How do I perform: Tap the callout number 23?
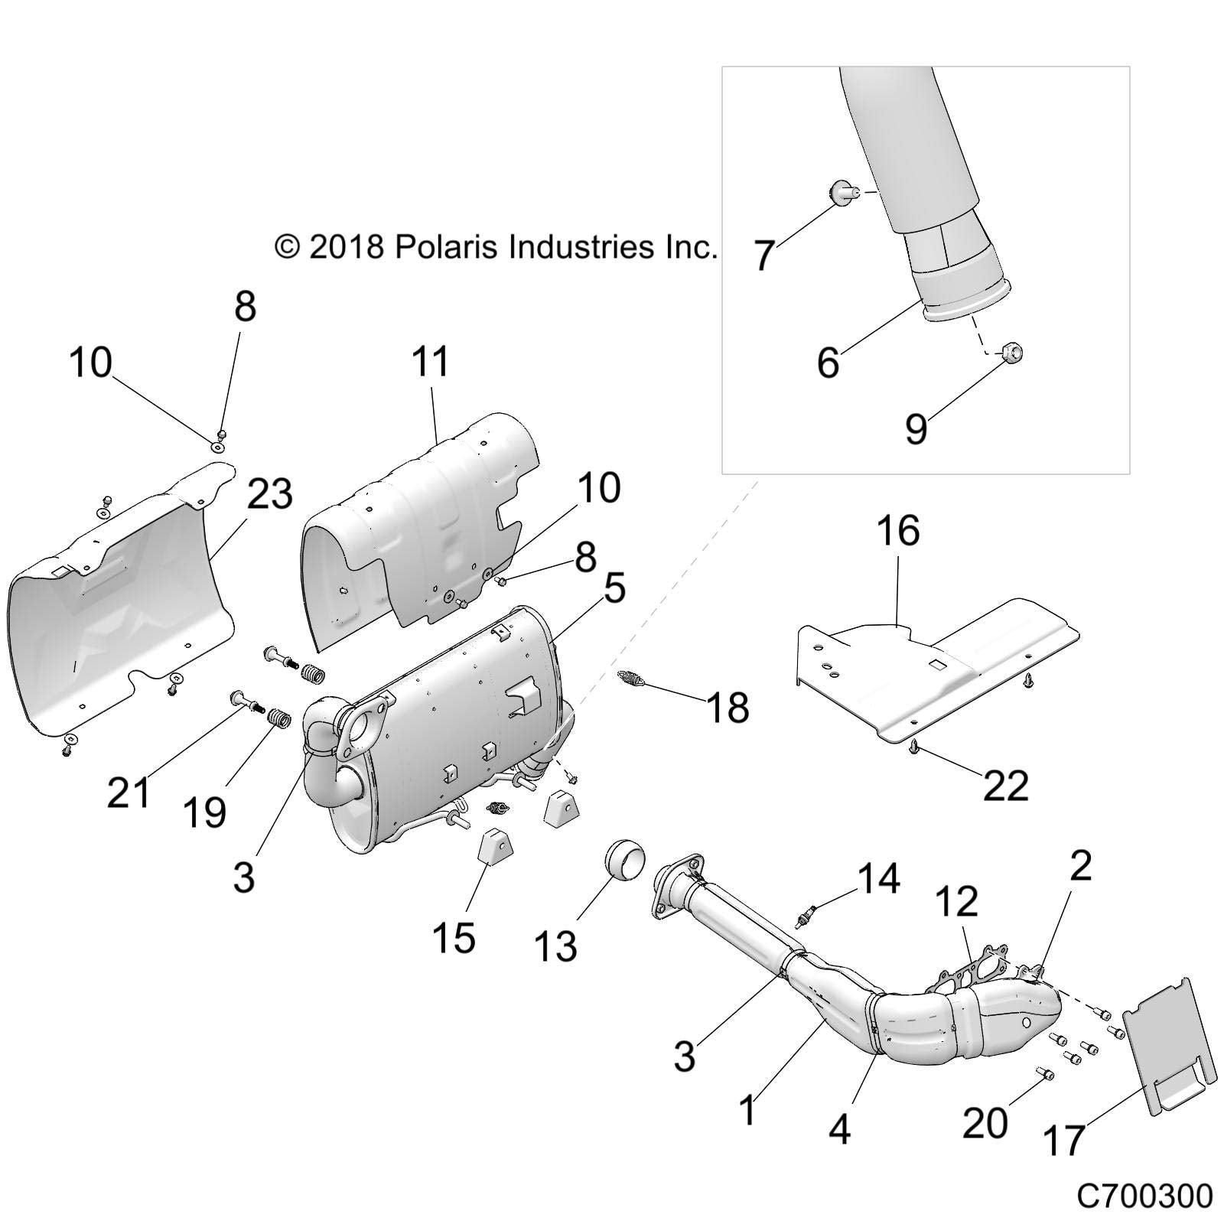269,494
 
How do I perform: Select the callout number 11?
431,362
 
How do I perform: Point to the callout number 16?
898,530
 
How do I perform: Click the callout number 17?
1063,1139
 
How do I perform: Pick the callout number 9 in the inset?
916,428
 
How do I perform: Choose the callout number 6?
828,362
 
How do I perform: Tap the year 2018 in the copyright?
346,247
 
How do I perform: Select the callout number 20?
985,1122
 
